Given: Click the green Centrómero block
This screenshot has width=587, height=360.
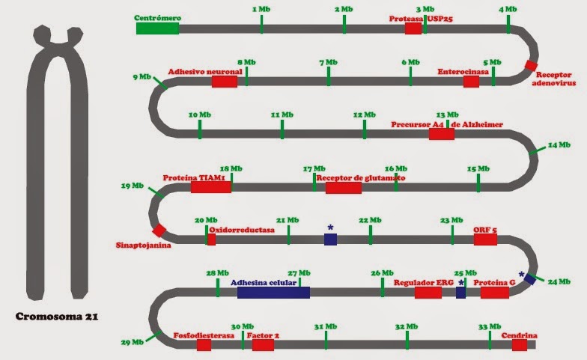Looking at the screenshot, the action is [x=157, y=28].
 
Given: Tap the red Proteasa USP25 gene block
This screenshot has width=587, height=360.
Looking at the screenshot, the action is [x=413, y=28].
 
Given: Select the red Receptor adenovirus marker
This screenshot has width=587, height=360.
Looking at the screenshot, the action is [x=531, y=65].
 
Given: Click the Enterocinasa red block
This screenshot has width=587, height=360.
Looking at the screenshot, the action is [x=472, y=82].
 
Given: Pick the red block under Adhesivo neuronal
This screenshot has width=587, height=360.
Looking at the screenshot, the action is [x=225, y=82].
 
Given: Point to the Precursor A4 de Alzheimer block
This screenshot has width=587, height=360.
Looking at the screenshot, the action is [x=442, y=134].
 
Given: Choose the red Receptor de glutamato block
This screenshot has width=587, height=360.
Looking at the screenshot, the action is [x=344, y=188].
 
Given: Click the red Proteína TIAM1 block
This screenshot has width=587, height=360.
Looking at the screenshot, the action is [x=211, y=187].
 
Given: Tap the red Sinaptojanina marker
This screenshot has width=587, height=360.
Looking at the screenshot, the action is [x=159, y=231].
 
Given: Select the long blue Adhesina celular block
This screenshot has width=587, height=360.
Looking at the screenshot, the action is [x=274, y=292].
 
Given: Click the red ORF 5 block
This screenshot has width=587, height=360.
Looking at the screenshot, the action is [x=485, y=240].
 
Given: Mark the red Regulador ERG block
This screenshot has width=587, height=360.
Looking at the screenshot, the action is [x=428, y=293].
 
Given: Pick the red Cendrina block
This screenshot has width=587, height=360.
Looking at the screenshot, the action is [x=520, y=345].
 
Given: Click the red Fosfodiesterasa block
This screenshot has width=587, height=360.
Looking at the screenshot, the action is [x=204, y=345].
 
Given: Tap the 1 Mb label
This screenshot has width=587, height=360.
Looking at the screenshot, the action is [x=261, y=9].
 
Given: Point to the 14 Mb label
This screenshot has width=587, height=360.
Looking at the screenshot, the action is [x=559, y=145].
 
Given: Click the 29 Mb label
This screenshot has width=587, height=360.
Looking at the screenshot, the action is [x=133, y=342].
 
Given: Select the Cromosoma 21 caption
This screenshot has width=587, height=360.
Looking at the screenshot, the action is [x=57, y=317].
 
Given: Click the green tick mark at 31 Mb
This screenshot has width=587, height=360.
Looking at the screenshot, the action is [x=326, y=340].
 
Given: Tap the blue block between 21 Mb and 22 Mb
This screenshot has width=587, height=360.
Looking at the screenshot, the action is [x=331, y=240].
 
